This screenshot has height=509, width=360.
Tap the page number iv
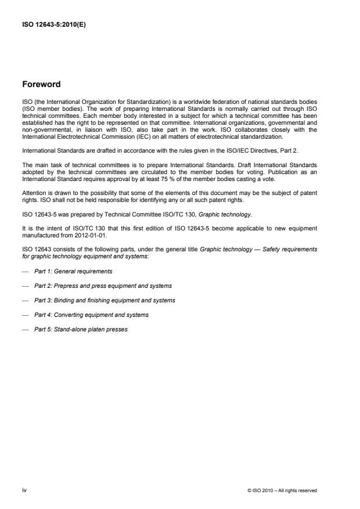(x=25, y=490)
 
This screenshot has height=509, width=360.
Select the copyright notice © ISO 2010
(x=282, y=491)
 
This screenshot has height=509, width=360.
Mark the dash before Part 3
(x=26, y=300)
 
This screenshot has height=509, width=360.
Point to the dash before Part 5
(x=26, y=329)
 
